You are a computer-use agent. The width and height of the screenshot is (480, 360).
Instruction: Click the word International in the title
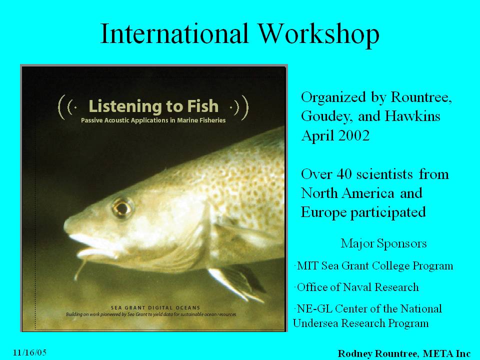click(x=174, y=33)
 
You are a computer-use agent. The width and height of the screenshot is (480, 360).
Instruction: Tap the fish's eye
click(x=122, y=208)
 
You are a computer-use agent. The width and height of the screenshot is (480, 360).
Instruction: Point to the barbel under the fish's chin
click(x=80, y=268)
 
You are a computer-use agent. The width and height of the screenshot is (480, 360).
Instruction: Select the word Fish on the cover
click(x=202, y=106)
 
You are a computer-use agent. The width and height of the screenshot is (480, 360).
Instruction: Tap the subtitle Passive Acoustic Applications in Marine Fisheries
click(x=153, y=120)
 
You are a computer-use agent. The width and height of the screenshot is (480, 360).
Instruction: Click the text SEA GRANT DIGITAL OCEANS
click(x=155, y=307)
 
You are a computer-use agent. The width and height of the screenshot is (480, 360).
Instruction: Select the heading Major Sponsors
click(x=383, y=243)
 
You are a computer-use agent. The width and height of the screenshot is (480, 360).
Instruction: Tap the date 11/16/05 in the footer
click(x=29, y=352)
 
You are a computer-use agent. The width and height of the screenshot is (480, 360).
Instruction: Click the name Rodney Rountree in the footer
click(x=377, y=353)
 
